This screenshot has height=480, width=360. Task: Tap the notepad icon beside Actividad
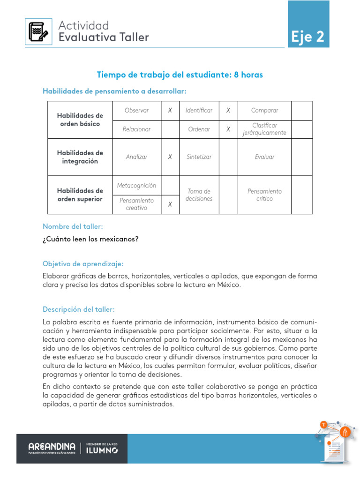point(38,32)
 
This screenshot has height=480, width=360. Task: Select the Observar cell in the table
point(136,111)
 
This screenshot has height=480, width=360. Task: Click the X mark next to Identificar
point(228,111)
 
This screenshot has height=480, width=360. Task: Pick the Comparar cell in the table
point(264,111)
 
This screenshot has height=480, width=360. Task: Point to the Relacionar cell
point(136,129)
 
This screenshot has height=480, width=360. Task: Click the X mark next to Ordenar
point(228,129)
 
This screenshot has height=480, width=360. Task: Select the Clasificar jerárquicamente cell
point(264,129)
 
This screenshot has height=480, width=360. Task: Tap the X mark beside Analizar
point(170,157)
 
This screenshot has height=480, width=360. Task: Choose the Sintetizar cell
point(199,157)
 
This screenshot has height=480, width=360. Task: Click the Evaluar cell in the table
point(264,157)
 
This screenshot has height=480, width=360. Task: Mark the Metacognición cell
point(136,186)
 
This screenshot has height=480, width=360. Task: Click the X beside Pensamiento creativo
point(170,204)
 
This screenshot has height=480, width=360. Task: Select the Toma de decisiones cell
point(199,195)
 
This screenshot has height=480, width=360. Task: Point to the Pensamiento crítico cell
point(264,195)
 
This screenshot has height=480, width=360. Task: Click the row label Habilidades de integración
point(80,157)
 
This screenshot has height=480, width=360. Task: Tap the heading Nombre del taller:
point(73,226)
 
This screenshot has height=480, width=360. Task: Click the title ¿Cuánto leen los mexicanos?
point(90,239)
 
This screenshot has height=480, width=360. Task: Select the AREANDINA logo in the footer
point(52,448)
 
